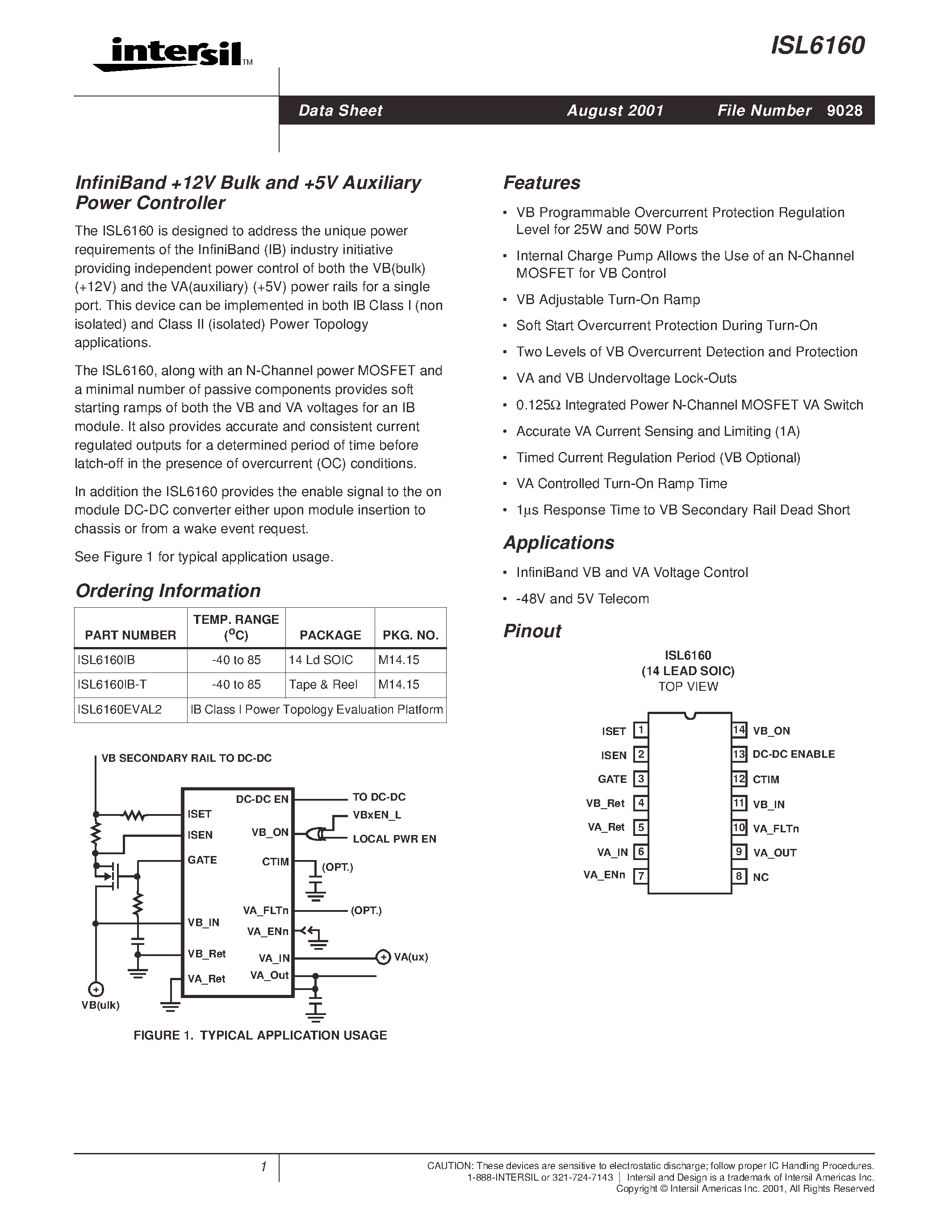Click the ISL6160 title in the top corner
coord(817,46)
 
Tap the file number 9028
coord(844,111)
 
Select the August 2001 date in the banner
coord(615,111)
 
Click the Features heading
coord(541,183)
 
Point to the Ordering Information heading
coord(167,590)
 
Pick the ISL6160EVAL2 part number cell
coord(120,710)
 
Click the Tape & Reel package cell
coord(323,685)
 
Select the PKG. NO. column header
coord(410,635)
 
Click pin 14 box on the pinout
coord(739,730)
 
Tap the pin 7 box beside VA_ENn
coord(640,876)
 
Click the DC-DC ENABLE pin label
coord(793,755)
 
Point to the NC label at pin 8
coord(760,877)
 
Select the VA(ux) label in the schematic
coord(411,957)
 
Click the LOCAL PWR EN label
coord(394,839)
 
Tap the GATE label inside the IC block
coord(202,860)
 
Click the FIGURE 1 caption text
coord(260,1035)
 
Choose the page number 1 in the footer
coord(263,1167)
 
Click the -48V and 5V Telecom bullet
coord(582,599)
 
